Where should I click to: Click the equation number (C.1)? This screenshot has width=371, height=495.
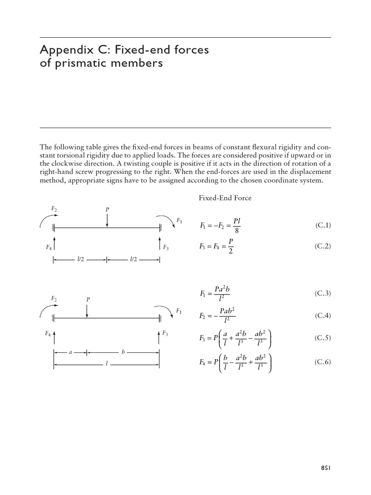click(323, 225)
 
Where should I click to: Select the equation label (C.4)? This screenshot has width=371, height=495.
click(323, 316)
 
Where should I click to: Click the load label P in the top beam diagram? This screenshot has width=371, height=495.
click(107, 210)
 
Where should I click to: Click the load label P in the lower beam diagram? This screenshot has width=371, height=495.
click(87, 300)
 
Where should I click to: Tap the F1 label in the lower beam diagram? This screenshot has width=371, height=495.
click(178, 310)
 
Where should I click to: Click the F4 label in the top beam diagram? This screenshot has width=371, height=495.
click(49, 247)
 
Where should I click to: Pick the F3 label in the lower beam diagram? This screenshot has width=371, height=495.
click(165, 333)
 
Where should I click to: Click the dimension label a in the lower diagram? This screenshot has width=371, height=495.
click(71, 352)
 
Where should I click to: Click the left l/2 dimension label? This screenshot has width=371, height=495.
click(80, 260)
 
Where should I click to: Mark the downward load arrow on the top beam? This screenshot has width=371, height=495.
click(107, 220)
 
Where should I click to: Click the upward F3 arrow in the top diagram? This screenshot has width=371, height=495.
click(160, 242)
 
